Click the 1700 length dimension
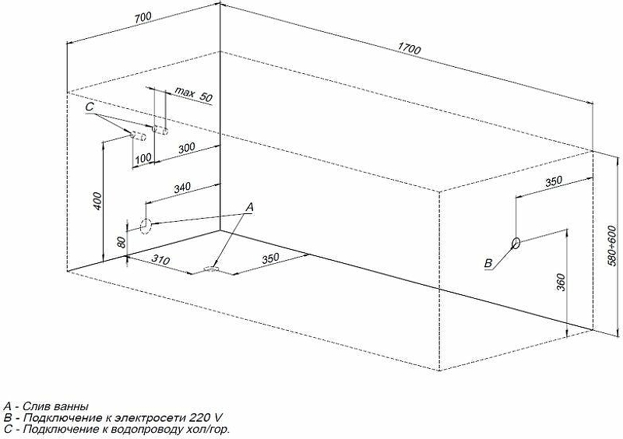click(409, 49)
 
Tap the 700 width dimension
click(143, 18)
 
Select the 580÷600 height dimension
click(612, 245)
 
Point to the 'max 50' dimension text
click(194, 94)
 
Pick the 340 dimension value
click(182, 187)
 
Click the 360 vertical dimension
click(561, 282)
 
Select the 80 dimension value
click(122, 241)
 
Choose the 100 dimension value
click(143, 158)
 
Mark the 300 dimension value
click(187, 148)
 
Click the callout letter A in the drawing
click(249, 207)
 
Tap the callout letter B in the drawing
click(488, 263)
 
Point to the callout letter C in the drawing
click(90, 107)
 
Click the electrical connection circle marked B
click(516, 243)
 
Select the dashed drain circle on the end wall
click(146, 226)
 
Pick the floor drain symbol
click(211, 270)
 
